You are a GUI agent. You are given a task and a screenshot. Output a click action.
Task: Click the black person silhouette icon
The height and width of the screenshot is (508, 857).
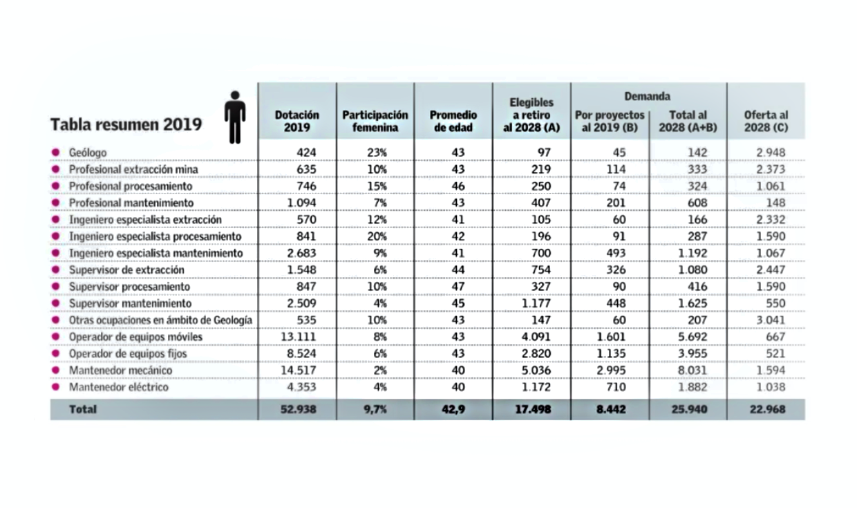[235, 117]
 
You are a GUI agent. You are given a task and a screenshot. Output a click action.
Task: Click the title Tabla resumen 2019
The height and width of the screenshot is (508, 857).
[126, 124]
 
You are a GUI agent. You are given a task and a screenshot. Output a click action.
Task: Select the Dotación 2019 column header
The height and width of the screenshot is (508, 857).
[297, 121]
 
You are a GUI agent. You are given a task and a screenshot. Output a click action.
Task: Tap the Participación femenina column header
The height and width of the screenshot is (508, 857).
[375, 121]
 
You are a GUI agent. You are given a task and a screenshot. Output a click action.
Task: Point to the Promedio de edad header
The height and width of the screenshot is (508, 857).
[453, 121]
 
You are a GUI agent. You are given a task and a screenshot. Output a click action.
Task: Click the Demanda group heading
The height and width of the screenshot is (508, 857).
[648, 96]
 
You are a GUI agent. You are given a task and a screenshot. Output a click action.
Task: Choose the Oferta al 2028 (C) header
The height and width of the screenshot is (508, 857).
[766, 121]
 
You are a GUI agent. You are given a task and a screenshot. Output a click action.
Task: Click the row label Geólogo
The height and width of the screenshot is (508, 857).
[88, 152]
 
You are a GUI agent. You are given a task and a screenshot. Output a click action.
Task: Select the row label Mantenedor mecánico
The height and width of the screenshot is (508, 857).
[120, 370]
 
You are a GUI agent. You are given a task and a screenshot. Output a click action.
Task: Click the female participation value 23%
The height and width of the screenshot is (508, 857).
[375, 152]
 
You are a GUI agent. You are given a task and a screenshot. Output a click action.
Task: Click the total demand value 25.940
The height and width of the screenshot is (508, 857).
[688, 409]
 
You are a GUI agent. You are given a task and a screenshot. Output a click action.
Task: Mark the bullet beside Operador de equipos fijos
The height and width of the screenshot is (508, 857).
[55, 354]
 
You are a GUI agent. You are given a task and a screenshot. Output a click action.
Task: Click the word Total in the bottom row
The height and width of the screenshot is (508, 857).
[83, 409]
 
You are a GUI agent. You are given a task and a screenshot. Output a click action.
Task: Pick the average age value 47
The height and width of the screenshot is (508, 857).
[456, 286]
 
